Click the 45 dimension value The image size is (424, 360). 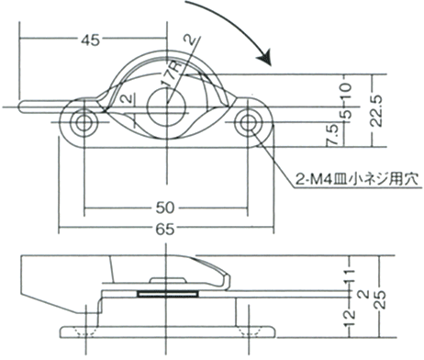91,40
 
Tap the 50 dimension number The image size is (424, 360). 165,208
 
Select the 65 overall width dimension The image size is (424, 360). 165,229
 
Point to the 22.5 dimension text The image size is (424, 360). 376,110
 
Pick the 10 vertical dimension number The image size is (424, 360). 346,91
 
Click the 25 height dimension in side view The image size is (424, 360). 380,300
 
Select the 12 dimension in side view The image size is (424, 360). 350,319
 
